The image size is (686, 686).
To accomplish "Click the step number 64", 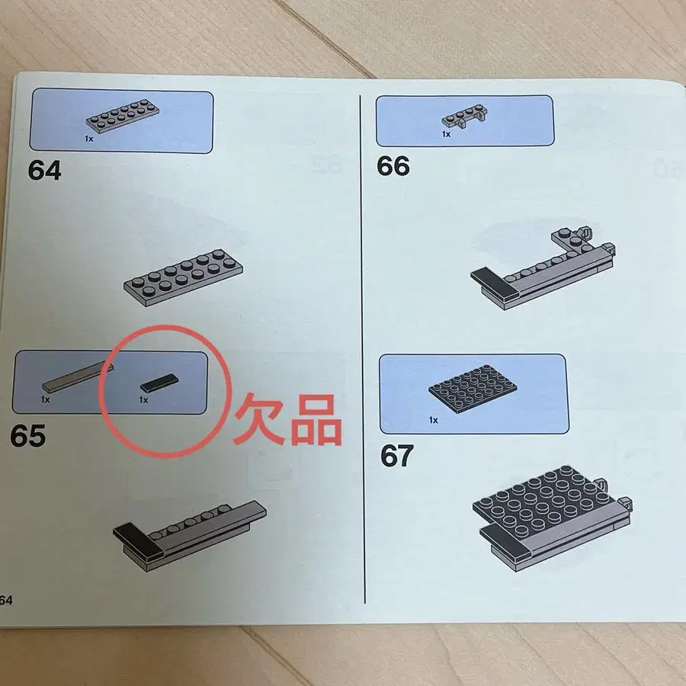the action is pyautogui.click(x=45, y=170).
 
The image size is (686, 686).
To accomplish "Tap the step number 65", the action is pyautogui.click(x=27, y=436).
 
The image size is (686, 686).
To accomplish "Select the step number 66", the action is pyautogui.click(x=393, y=166).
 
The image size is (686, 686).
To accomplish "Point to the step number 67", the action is pyautogui.click(x=397, y=456).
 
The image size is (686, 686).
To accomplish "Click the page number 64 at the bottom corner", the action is pyautogui.click(x=5, y=600).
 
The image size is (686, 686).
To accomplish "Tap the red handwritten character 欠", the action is pyautogui.click(x=259, y=418).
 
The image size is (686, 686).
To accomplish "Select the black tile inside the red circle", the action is pyautogui.click(x=160, y=383).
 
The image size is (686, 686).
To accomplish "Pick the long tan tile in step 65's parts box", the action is pyautogui.click(x=78, y=377).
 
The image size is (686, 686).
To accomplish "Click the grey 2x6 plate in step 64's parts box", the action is pyautogui.click(x=123, y=116).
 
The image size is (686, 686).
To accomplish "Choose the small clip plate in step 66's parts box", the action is pyautogui.click(x=465, y=117).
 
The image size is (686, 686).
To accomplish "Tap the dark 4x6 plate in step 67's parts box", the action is pyautogui.click(x=473, y=389).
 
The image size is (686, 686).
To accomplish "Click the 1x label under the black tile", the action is pyautogui.click(x=143, y=400).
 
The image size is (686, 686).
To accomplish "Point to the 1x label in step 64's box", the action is pyautogui.click(x=89, y=139).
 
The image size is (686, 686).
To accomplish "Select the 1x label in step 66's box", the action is pyautogui.click(x=446, y=134).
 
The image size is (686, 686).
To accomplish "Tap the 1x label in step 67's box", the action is pyautogui.click(x=433, y=420).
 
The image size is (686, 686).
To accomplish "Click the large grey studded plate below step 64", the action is pyautogui.click(x=183, y=277).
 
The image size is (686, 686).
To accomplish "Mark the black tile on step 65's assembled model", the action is pyautogui.click(x=138, y=540).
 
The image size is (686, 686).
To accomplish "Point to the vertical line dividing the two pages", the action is pyautogui.click(x=362, y=349).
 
